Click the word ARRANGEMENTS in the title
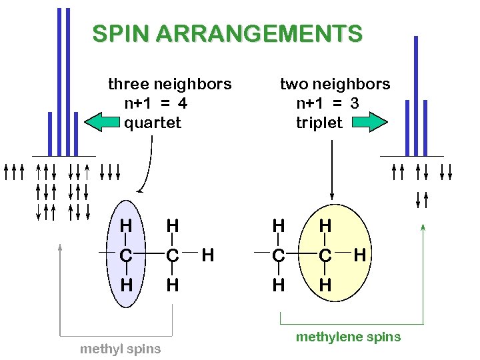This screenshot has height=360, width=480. coord(253,33)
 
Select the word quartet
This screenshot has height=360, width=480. coord(153,123)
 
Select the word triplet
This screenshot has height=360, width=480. coord(319,123)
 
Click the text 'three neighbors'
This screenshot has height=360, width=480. coord(169,84)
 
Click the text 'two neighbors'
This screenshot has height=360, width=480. coord(335,84)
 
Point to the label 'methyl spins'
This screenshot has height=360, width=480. coord(120,349)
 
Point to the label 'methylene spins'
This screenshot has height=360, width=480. coord(348,337)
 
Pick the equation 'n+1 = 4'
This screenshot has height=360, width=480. coord(155,103)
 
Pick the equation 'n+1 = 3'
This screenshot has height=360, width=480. coord(328,103)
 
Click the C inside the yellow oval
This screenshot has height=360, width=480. coord(325,255)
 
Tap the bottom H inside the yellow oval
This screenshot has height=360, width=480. coord(325,285)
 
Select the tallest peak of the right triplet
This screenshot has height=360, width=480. coord(416,93)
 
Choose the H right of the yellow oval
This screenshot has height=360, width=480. coord(361,254)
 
